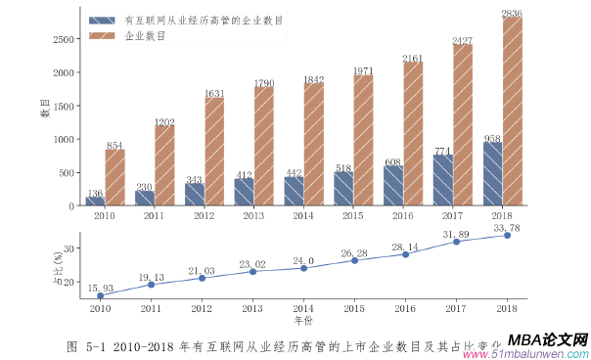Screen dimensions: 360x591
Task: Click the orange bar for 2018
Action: point(513,112)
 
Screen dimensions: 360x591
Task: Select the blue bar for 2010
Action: point(95,201)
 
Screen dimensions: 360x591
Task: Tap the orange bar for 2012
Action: point(214,152)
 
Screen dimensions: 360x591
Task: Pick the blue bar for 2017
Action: point(442,180)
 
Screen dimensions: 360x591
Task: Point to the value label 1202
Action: point(164,121)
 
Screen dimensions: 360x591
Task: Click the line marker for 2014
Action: point(303,268)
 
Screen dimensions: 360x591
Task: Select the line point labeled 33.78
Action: point(507,235)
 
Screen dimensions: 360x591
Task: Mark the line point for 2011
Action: point(151,285)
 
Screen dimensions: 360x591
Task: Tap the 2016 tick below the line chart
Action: point(405,308)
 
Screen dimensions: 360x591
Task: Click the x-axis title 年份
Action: point(303,320)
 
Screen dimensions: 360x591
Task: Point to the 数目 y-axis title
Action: point(45,109)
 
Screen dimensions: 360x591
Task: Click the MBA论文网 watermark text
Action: point(548,338)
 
